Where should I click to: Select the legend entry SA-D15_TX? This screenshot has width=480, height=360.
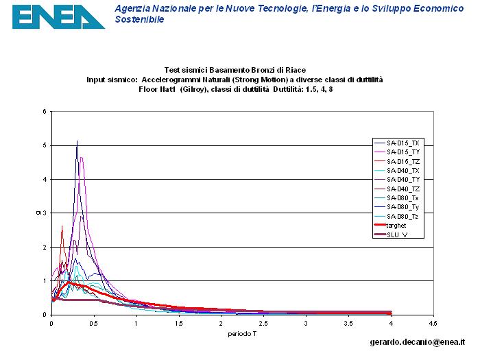tap(403, 142)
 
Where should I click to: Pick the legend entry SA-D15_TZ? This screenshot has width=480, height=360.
tap(403, 160)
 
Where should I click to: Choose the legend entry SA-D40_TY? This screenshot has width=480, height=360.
tap(403, 179)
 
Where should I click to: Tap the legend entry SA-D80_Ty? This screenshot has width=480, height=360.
tap(403, 206)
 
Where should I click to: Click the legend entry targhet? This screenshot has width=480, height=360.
tap(396, 225)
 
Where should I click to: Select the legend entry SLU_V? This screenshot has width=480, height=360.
tap(397, 235)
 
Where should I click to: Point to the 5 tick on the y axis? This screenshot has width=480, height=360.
tap(45, 145)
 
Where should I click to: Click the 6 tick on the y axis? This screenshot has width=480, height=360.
tap(45, 112)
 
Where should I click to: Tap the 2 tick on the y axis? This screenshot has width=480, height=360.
tap(45, 247)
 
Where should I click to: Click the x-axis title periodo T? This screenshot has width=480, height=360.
tap(242, 334)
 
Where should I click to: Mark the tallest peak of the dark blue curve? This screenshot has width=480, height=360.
tap(77, 141)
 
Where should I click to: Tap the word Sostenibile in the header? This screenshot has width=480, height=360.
tap(139, 20)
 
